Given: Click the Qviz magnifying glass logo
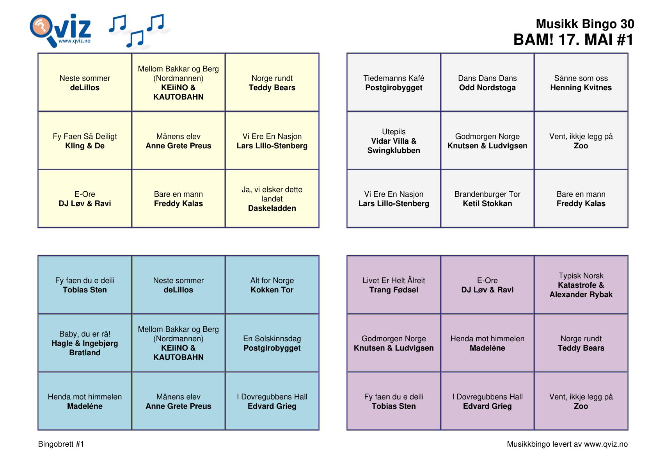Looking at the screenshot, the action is [x=60, y=30].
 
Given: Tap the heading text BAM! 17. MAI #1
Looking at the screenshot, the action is [x=573, y=40].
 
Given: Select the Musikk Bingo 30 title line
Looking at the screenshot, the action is [x=585, y=24].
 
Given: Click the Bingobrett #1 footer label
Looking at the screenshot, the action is [x=61, y=444].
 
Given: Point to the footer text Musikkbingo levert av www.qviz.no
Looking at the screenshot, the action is [x=567, y=444].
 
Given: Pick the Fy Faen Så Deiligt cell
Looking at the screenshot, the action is [x=85, y=140].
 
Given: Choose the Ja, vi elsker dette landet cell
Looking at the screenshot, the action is [x=272, y=198].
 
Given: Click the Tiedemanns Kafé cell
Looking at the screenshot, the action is [x=394, y=82].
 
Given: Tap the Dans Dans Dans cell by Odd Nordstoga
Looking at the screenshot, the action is [x=487, y=82].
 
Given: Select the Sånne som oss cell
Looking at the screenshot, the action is [x=581, y=82].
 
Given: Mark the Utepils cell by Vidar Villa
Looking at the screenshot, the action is [x=394, y=140].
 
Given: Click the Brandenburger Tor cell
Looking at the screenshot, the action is [x=487, y=198].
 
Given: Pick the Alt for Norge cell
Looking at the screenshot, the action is [x=272, y=285].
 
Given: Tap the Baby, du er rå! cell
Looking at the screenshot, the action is [x=85, y=342].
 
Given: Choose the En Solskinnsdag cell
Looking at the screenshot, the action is [x=272, y=342].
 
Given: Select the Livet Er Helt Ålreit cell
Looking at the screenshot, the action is [x=394, y=285].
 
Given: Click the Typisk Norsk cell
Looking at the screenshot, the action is [x=581, y=285].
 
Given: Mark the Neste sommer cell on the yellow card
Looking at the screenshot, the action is [x=85, y=82].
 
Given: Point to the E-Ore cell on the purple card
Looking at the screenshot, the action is [x=487, y=285].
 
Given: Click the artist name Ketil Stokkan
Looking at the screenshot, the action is [x=487, y=203].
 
